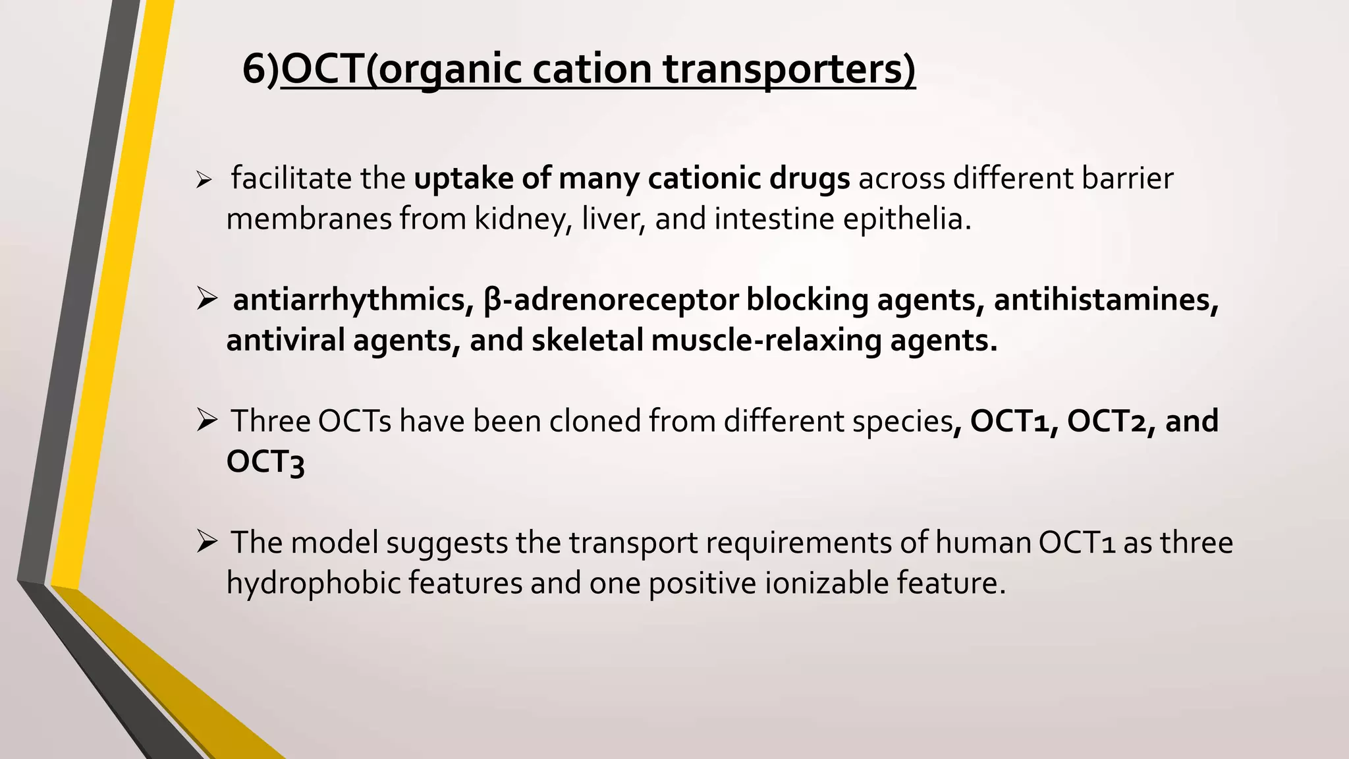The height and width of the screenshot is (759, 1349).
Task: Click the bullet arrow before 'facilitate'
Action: click(x=204, y=180)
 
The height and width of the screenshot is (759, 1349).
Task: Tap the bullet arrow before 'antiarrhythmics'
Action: click(x=206, y=300)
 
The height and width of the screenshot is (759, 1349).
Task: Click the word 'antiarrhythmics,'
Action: click(x=354, y=300)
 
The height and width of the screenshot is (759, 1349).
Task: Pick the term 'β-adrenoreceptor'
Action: click(x=611, y=300)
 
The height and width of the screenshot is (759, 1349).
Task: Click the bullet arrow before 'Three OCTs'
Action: click(x=206, y=421)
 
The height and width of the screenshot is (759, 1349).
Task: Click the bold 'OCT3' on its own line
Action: click(x=265, y=462)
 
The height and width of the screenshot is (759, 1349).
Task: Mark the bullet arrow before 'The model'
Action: click(x=206, y=543)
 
